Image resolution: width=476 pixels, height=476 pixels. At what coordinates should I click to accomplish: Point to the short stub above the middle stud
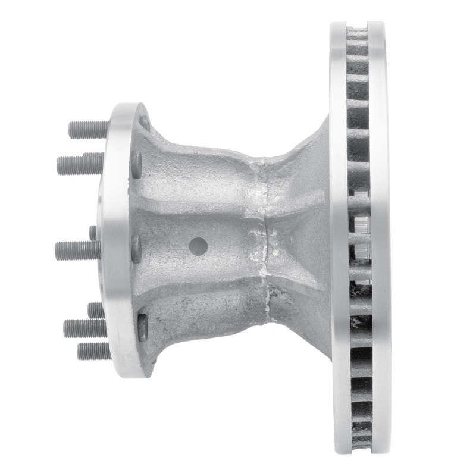93,233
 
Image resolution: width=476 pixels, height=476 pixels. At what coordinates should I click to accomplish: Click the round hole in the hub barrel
198,245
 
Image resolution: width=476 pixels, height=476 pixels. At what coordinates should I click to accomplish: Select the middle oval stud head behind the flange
136,249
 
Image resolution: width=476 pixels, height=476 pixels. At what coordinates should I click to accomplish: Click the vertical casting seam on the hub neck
261,238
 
